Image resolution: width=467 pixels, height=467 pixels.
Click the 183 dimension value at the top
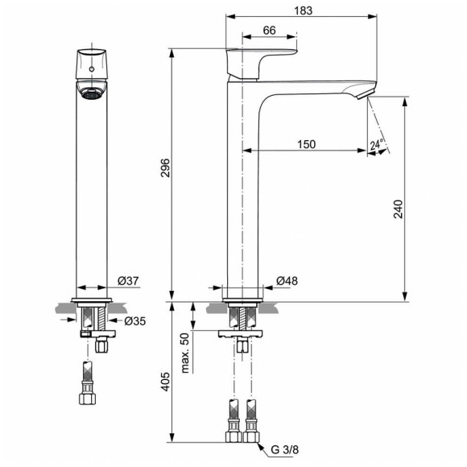click(302, 10)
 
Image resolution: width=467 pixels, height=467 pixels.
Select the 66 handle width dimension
click(270, 31)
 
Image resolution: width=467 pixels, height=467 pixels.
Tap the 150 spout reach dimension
click(305, 144)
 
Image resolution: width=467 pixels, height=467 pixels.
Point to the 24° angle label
click(376, 145)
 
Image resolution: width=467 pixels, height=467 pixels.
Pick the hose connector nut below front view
click(87, 398)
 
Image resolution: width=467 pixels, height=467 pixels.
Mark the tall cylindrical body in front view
click(91, 193)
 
